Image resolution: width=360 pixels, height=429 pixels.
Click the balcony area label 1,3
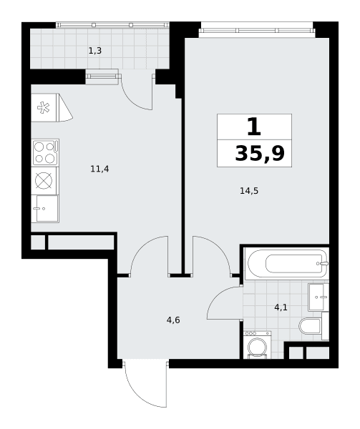pos(95,51)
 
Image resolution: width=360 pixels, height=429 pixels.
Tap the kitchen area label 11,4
pos(99,169)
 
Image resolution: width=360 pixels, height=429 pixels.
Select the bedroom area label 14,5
pos(249,191)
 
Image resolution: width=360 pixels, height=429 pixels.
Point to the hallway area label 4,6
pos(173,320)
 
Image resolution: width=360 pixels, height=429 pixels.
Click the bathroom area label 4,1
pos(281,307)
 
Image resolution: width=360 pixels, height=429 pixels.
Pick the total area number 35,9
pos(260,154)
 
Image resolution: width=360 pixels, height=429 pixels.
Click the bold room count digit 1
pos(254,127)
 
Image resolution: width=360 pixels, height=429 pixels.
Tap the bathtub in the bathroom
pos(286,264)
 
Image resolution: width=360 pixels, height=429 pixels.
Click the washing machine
pos(257,345)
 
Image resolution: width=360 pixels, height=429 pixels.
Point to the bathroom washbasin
pos(318,297)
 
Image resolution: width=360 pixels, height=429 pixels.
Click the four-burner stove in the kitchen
pos(45,152)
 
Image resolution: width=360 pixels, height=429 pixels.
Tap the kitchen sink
pos(45,209)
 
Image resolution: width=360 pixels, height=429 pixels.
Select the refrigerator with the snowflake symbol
pos(44,107)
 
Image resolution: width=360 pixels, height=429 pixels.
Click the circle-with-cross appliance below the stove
pos(44,181)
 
